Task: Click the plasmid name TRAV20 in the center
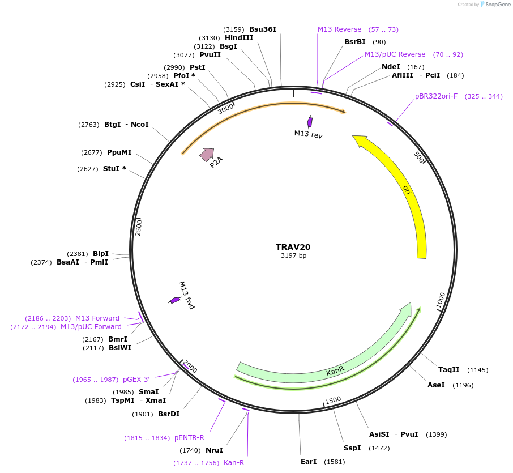pyautogui.click(x=293, y=247)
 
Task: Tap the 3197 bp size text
pyautogui.click(x=293, y=256)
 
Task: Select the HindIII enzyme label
pyautogui.click(x=239, y=38)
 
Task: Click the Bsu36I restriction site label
pyautogui.click(x=263, y=29)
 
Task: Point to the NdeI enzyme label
pyautogui.click(x=391, y=67)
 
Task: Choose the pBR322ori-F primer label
pyautogui.click(x=436, y=96)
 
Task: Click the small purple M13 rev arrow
pyautogui.click(x=310, y=121)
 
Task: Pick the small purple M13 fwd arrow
pyautogui.click(x=174, y=300)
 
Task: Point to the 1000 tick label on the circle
pyautogui.click(x=441, y=301)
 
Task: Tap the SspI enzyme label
pyautogui.click(x=352, y=448)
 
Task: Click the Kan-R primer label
pyautogui.click(x=234, y=463)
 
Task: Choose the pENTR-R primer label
pyautogui.click(x=189, y=438)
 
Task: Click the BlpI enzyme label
pyautogui.click(x=101, y=254)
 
